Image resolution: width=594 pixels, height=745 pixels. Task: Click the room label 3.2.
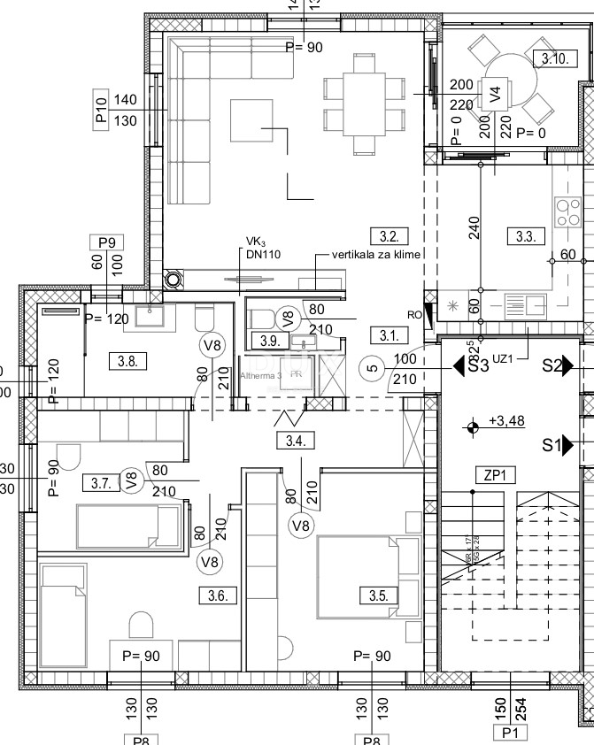[390, 236]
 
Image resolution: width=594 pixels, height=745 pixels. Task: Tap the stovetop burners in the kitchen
[565, 213]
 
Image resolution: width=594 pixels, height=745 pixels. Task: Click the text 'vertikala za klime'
[375, 253]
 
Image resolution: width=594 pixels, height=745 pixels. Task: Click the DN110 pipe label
[263, 253]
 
